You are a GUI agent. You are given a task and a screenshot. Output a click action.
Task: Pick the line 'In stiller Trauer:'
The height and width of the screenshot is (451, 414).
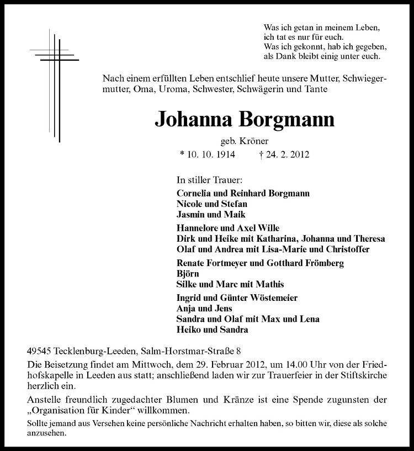point(209,180)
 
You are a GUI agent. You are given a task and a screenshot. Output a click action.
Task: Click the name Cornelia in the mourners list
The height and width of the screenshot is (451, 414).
point(194,193)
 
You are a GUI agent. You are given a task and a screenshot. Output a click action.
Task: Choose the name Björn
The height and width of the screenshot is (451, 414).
point(187,274)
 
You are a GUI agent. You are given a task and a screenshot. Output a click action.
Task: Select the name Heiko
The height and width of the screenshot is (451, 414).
point(188,330)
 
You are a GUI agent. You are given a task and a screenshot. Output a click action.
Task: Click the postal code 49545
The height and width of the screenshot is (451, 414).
point(39,351)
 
